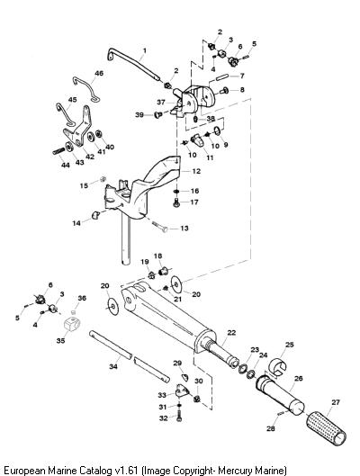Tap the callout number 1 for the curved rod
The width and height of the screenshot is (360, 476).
click(x=145, y=50)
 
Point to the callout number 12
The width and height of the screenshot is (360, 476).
click(x=196, y=171)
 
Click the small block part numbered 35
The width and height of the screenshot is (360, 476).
click(x=73, y=324)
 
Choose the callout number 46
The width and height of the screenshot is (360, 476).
click(x=99, y=73)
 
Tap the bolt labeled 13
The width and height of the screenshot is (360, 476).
click(x=160, y=227)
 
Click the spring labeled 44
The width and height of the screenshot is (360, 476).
click(x=58, y=151)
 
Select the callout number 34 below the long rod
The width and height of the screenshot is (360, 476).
click(x=113, y=367)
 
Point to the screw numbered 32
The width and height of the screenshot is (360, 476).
click(x=179, y=416)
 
